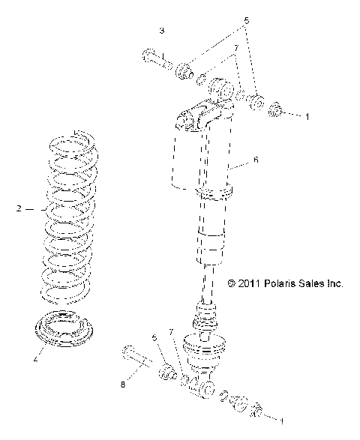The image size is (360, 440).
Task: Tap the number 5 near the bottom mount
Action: pos(154,338)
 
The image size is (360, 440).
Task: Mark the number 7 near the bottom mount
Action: pos(172,332)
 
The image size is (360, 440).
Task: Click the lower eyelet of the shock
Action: pos(203,389)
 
